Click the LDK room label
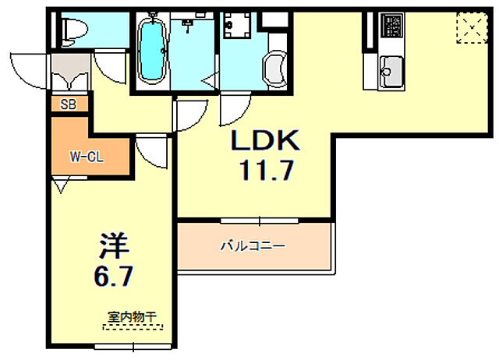264,141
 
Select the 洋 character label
111,244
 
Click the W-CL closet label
86,156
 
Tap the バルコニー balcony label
252,246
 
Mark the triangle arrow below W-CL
61,185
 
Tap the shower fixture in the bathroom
188,26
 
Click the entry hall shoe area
68,75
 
